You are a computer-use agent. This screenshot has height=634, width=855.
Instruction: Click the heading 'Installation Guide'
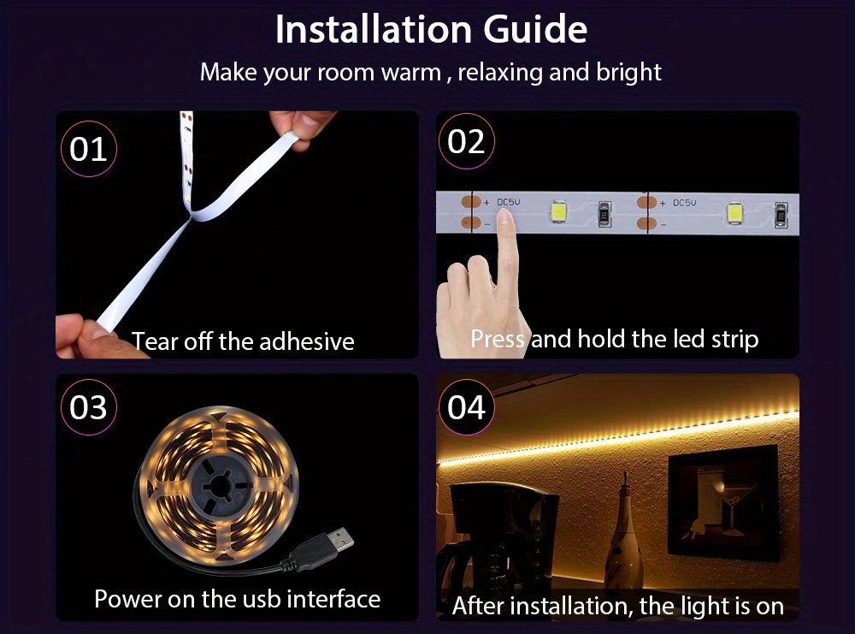[431, 30]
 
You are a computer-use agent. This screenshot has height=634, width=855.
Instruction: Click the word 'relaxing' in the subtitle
[500, 72]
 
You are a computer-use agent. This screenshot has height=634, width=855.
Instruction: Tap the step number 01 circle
[88, 149]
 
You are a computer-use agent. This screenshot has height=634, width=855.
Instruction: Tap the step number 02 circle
[466, 142]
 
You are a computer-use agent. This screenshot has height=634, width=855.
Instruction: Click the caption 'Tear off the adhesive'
[243, 341]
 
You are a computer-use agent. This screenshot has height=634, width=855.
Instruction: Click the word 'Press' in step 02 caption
[498, 339]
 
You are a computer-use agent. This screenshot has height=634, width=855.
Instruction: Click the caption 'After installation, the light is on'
[617, 606]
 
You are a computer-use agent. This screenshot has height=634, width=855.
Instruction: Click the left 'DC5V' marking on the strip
[508, 203]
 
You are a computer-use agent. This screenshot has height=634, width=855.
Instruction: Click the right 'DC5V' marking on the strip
[684, 204]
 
